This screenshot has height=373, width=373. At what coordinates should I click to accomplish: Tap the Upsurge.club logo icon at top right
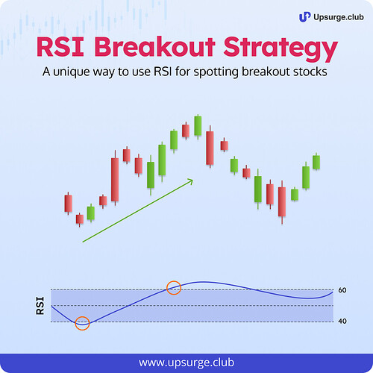tap(304, 16)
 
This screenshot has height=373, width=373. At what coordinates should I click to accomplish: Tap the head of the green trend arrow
tap(190, 180)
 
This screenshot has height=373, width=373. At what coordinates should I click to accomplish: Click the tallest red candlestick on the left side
tap(115, 179)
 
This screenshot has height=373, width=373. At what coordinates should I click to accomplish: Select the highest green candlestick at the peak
tap(198, 125)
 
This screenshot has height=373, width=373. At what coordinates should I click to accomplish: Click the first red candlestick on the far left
tap(68, 203)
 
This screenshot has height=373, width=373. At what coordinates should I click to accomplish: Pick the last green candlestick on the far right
tap(316, 162)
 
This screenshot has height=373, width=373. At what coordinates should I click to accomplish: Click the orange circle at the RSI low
tap(82, 323)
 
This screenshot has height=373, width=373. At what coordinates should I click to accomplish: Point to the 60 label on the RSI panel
tap(342, 290)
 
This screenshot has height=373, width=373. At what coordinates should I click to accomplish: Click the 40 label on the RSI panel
tap(342, 322)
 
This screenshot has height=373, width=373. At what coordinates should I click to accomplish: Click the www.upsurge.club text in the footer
tap(186, 362)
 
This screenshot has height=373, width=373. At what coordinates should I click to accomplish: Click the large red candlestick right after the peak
tap(210, 147)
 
